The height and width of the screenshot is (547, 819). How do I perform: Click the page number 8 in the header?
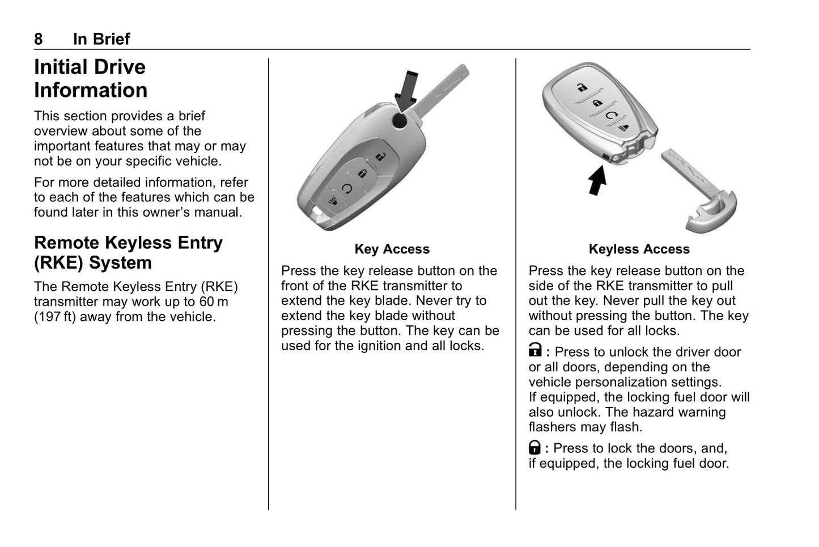pyautogui.click(x=39, y=39)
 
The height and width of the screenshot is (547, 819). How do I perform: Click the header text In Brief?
pyautogui.click(x=101, y=39)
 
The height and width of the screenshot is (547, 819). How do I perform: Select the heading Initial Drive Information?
pyautogui.click(x=91, y=78)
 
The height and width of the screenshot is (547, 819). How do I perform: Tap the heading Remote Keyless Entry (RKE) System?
pyautogui.click(x=128, y=252)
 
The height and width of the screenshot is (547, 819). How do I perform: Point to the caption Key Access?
pyautogui.click(x=392, y=249)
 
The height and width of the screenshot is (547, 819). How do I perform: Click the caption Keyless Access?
pyautogui.click(x=639, y=249)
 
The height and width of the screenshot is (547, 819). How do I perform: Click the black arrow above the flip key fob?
pyautogui.click(x=407, y=91)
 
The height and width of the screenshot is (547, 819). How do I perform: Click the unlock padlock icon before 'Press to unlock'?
pyautogui.click(x=535, y=351)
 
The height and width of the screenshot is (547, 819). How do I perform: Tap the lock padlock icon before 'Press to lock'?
pyautogui.click(x=534, y=448)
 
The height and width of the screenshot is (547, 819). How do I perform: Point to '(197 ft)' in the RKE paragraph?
pyautogui.click(x=54, y=317)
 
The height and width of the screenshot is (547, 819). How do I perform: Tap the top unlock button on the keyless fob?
pyautogui.click(x=582, y=87)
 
